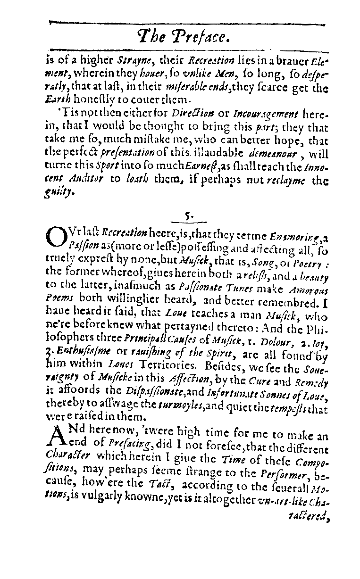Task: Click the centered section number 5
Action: [188, 216]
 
